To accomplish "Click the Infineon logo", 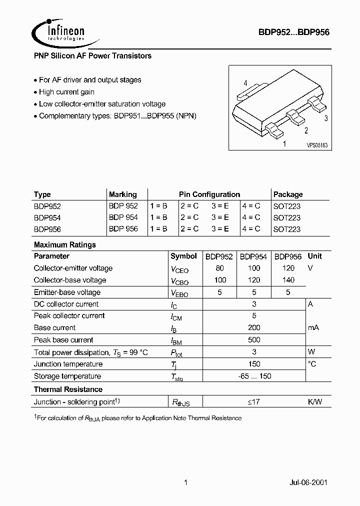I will tap(58, 31).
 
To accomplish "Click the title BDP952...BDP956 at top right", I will tap(293, 31).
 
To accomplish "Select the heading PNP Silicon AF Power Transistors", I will tap(92, 56).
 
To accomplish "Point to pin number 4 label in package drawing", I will tap(245, 83).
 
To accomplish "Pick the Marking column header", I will tap(122, 194).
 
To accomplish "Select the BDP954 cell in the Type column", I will tap(47, 217).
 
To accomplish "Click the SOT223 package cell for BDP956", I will tap(287, 229).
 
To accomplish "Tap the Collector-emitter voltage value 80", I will tap(219, 268).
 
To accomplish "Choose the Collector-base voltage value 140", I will tap(288, 280).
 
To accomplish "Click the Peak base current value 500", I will tap(254, 340).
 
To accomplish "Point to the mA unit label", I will tap(313, 327).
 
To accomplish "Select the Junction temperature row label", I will tap(68, 364).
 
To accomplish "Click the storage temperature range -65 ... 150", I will tap(254, 376).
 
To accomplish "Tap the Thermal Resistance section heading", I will tap(68, 389).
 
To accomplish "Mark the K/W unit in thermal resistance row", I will tap(314, 401).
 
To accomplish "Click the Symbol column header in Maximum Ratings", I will tap(183, 256).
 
